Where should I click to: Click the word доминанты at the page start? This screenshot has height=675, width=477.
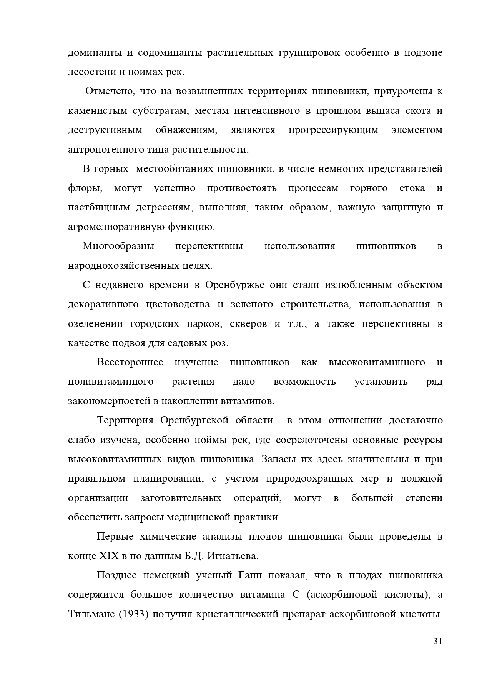(x=94, y=53)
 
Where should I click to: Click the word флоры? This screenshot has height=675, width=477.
(x=85, y=188)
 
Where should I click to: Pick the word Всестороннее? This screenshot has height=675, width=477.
(x=130, y=362)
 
